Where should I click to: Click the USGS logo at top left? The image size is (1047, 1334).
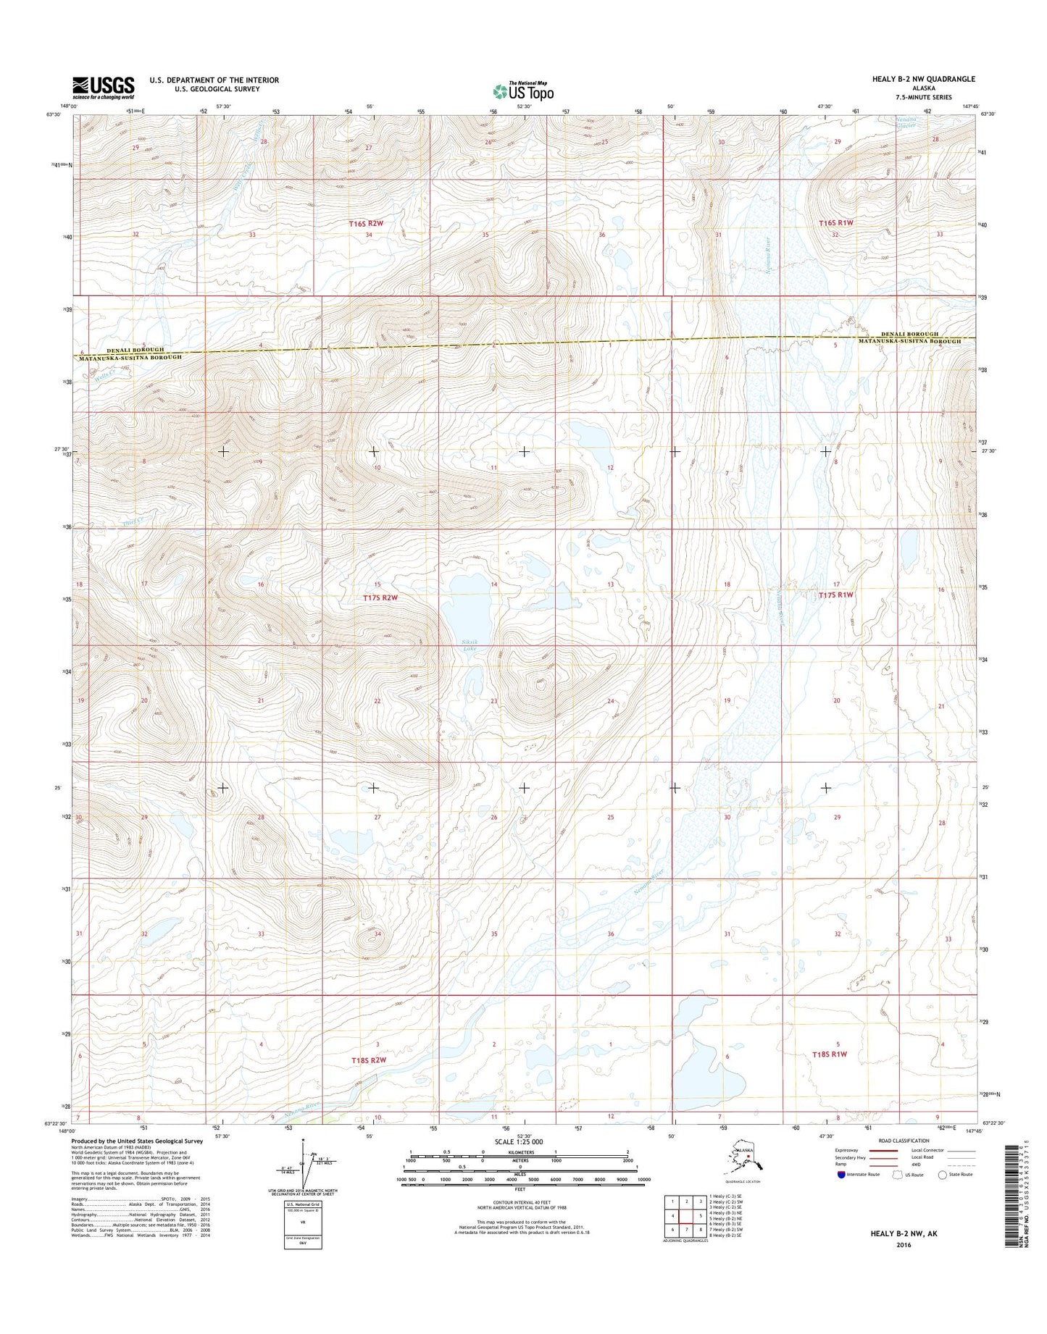pyautogui.click(x=103, y=88)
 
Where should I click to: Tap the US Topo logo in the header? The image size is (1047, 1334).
pyautogui.click(x=523, y=91)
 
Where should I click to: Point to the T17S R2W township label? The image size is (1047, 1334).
pyautogui.click(x=380, y=597)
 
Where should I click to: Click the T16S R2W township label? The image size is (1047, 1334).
pyautogui.click(x=365, y=224)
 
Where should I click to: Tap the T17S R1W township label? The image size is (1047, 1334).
pyautogui.click(x=836, y=595)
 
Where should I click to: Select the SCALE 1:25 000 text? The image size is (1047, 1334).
pyautogui.click(x=520, y=1141)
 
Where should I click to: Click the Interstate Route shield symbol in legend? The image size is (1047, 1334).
pyautogui.click(x=841, y=1174)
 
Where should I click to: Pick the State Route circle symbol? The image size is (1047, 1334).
pyautogui.click(x=943, y=1174)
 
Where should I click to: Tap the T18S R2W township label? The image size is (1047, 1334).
pyautogui.click(x=368, y=1060)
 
